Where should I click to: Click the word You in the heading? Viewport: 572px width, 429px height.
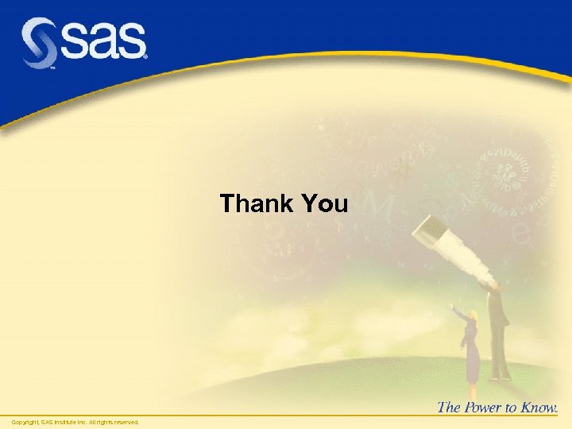click(325, 204)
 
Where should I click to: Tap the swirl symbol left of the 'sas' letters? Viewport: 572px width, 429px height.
click(38, 44)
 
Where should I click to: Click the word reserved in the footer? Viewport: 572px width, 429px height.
click(126, 422)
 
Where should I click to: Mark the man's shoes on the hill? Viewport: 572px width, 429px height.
click(500, 376)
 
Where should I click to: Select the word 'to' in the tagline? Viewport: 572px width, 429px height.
click(512, 408)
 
